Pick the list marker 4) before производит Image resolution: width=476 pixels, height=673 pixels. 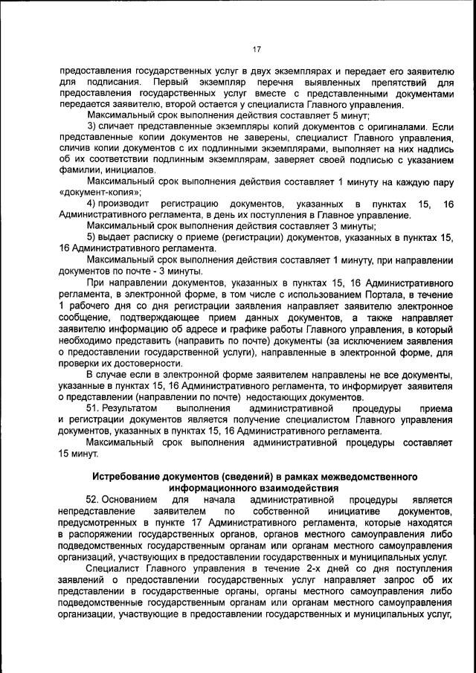92,204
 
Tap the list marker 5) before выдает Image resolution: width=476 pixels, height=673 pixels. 92,237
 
